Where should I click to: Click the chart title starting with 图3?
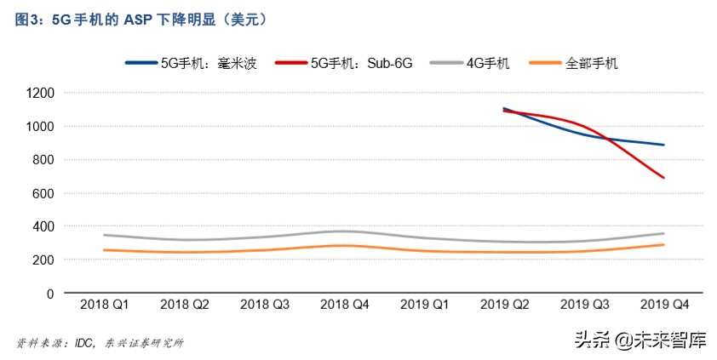[x=142, y=19]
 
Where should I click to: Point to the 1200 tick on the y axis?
[x=40, y=93]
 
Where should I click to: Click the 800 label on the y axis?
[x=43, y=160]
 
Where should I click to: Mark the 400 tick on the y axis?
[x=43, y=226]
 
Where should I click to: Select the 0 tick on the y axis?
[x=50, y=294]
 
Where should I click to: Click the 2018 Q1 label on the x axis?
[x=104, y=304]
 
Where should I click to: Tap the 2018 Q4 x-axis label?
[x=344, y=304]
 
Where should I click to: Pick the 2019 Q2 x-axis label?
[x=504, y=304]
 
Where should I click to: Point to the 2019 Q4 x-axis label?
[x=664, y=304]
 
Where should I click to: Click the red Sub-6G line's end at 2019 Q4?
[x=664, y=178]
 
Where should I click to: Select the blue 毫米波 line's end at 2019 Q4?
[x=664, y=145]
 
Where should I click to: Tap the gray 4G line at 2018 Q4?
[x=344, y=231]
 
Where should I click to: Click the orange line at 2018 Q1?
[x=104, y=250]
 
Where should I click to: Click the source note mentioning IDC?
[x=100, y=343]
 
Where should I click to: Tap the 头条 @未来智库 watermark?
[x=640, y=340]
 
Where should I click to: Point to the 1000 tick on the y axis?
[x=40, y=126]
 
